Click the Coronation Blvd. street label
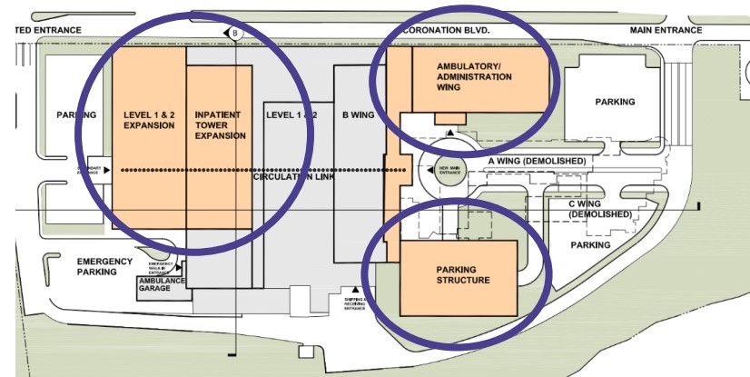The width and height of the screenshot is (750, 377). [446, 30]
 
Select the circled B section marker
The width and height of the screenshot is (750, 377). [235, 34]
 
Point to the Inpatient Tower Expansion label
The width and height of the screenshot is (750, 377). [221, 125]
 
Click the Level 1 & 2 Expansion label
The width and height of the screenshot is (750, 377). [149, 120]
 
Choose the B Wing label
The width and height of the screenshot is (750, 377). [358, 115]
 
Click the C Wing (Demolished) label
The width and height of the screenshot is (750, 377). [600, 209]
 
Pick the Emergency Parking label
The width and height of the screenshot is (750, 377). [97, 266]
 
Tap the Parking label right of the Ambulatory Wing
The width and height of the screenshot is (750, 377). [615, 102]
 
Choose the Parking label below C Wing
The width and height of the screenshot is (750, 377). [590, 245]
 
